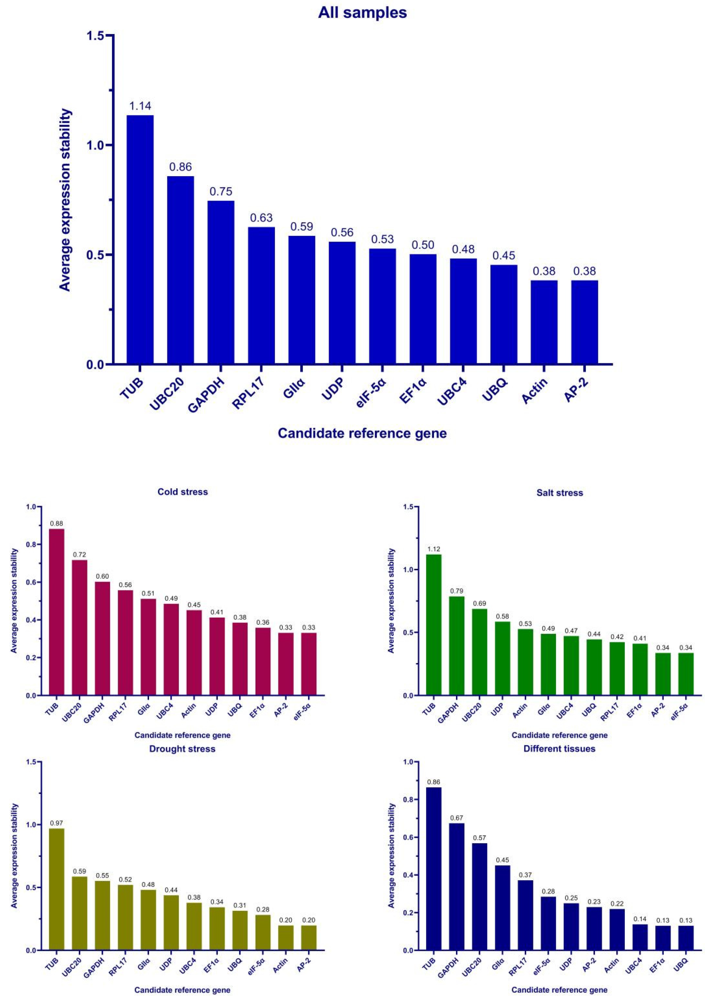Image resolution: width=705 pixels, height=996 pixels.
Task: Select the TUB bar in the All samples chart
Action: tap(140, 239)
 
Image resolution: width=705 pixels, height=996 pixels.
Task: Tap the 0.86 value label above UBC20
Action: tap(181, 167)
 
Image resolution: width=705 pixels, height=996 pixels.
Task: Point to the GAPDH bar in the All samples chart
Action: tap(221, 282)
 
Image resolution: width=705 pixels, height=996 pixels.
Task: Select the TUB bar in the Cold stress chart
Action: tap(56, 612)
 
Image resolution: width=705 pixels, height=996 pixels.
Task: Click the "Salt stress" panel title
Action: tap(560, 493)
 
